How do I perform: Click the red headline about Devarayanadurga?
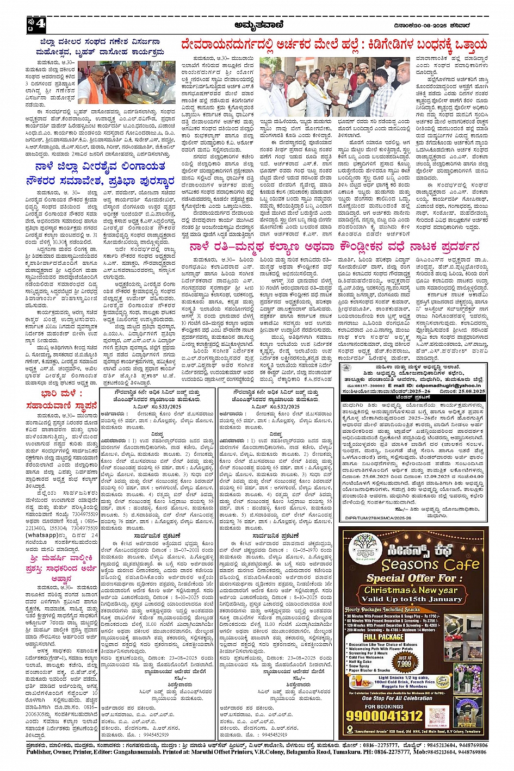[334, 45]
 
